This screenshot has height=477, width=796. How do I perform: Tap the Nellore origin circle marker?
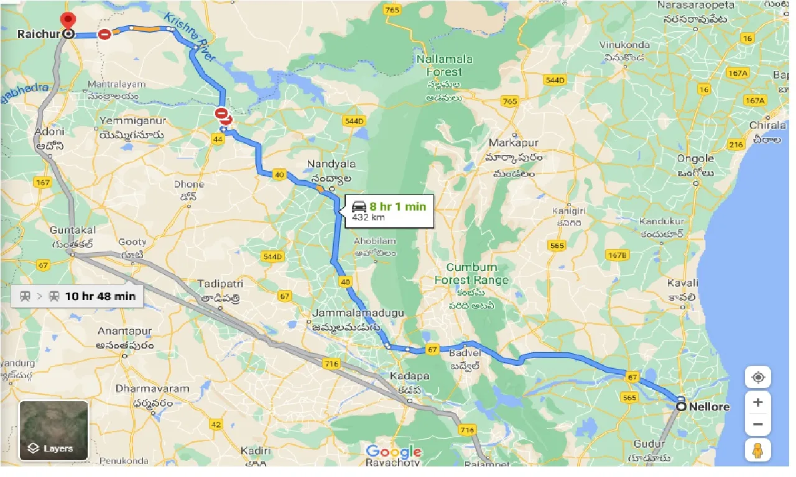pos(682,406)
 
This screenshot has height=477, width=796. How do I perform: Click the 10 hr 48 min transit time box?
pos(78,296)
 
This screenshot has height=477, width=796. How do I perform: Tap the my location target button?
pos(757,378)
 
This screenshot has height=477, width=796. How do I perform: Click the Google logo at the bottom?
pos(393,452)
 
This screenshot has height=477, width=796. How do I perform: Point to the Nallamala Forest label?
pos(445,65)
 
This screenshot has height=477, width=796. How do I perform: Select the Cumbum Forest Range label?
pos(472,274)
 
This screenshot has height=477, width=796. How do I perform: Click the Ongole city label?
pos(695,158)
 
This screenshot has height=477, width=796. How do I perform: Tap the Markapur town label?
pos(513,143)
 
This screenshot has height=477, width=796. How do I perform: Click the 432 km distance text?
pos(368,217)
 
